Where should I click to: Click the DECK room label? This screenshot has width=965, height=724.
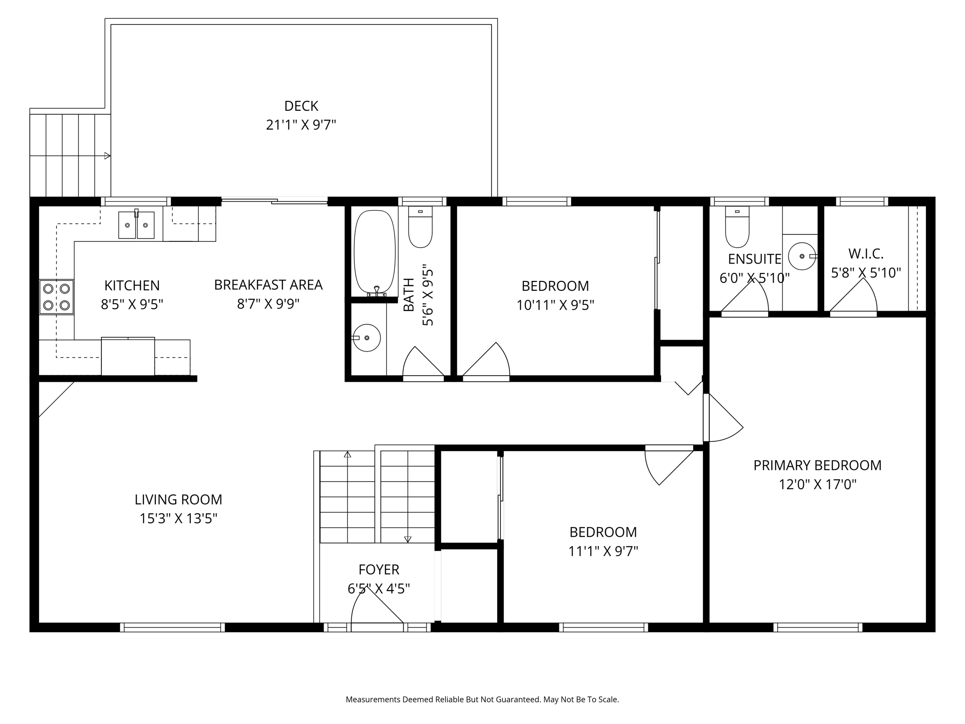click(301, 106)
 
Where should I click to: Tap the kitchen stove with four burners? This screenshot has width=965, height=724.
click(57, 297)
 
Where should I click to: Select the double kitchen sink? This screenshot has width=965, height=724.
click(136, 224)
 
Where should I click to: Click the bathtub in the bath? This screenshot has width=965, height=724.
click(375, 253)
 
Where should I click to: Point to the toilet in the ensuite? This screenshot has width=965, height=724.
click(737, 227)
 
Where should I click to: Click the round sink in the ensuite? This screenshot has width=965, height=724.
click(802, 256)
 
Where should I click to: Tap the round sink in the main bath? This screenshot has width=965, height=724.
click(366, 338)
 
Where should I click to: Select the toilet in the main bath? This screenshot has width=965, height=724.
click(420, 227)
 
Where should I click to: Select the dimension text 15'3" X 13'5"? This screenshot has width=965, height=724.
click(178, 519)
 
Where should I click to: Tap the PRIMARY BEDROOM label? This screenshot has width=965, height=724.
click(818, 465)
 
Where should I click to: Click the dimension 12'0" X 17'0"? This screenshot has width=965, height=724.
click(818, 485)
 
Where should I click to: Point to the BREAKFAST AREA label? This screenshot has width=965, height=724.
click(268, 285)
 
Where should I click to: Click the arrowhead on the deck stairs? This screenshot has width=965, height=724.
click(107, 156)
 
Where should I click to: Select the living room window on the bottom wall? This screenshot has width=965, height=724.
click(172, 627)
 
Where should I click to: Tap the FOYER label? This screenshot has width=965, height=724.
click(379, 570)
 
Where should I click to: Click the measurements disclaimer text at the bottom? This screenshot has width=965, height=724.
click(482, 699)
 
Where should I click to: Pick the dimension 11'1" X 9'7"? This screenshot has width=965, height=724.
click(603, 551)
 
